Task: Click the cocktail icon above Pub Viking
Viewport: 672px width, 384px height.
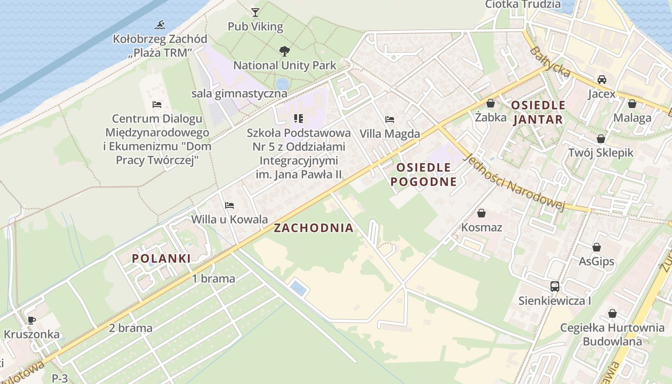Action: pos(255,12)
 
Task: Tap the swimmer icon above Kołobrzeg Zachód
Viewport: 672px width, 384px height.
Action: pos(160,24)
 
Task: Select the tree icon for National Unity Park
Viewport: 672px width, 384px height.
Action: pos(284,51)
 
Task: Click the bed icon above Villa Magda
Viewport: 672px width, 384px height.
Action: pos(390,120)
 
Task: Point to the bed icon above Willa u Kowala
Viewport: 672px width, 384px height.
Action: pos(229,205)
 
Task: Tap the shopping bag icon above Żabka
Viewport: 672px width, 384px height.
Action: pos(491,103)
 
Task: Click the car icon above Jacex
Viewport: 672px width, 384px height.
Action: pos(601,80)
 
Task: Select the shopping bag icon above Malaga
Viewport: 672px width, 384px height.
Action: pos(632,104)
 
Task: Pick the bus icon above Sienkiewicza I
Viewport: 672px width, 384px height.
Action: pos(555,287)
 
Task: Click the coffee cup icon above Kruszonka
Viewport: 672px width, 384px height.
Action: pos(32,320)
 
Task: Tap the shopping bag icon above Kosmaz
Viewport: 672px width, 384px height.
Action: pos(481,213)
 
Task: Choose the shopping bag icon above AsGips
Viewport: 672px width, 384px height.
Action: pos(597,247)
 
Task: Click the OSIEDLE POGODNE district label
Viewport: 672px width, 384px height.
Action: pos(423,175)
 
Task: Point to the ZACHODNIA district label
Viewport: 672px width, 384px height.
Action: pos(313,228)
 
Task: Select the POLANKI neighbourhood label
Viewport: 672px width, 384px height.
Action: pos(161,258)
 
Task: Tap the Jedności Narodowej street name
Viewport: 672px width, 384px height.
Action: pos(515,183)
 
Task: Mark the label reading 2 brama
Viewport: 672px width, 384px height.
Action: pos(131,328)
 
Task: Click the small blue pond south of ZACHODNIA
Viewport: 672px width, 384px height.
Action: pos(298,289)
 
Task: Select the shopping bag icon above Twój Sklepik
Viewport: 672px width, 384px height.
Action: pos(600,139)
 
